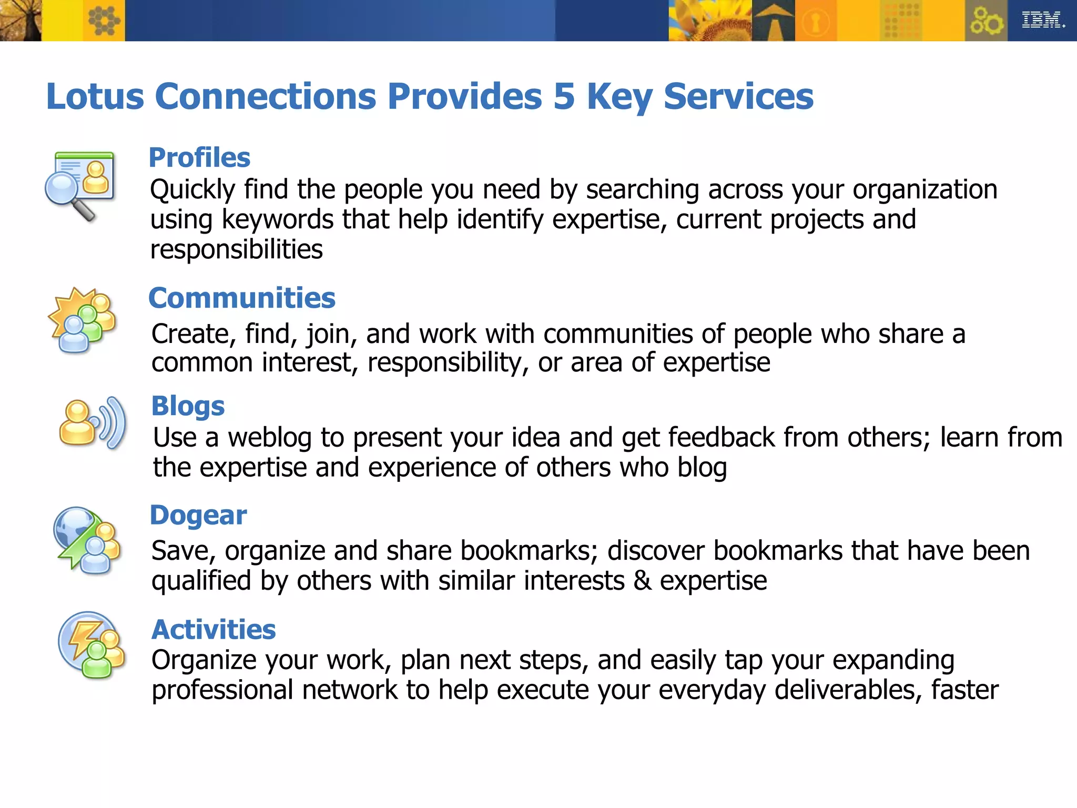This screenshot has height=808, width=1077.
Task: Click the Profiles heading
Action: [199, 158]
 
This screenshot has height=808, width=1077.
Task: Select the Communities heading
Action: [242, 298]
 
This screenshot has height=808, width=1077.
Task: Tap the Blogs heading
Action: [188, 406]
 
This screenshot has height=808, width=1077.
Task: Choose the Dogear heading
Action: [198, 515]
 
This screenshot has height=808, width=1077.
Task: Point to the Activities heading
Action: [214, 630]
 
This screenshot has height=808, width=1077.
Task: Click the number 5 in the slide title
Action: [564, 97]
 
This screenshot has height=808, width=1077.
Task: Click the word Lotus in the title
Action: [95, 97]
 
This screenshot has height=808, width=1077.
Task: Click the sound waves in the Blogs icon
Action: [111, 423]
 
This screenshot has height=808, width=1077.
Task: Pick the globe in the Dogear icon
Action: [74, 527]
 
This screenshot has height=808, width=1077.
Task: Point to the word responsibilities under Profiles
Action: [236, 249]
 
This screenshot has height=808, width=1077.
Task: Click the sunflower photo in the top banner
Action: [710, 21]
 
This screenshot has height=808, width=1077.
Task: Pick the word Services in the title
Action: [738, 97]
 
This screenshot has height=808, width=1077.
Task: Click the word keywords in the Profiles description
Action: [277, 219]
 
